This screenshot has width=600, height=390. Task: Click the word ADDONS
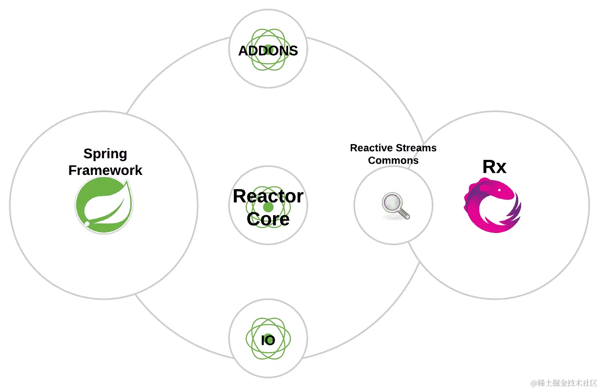(x=268, y=51)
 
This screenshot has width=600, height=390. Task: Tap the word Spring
(x=105, y=154)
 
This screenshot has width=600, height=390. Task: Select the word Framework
(x=105, y=170)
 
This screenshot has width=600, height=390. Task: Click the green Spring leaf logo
(x=104, y=205)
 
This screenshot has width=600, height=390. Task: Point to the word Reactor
(x=268, y=196)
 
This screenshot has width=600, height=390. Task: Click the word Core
(x=268, y=219)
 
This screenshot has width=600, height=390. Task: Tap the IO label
(x=268, y=340)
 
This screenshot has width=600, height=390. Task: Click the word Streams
(x=416, y=148)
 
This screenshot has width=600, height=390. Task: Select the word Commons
(x=393, y=160)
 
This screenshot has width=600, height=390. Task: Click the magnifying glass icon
(x=395, y=205)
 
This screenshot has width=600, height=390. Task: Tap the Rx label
(x=494, y=167)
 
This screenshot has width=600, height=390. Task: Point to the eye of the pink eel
(x=500, y=190)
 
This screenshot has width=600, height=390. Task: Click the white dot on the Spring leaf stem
(x=87, y=224)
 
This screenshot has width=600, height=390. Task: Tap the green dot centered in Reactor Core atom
(x=268, y=207)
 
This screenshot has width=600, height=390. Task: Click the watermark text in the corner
(x=564, y=383)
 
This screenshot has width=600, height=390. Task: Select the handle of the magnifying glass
(x=404, y=214)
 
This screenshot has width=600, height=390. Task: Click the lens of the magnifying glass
(x=392, y=203)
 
